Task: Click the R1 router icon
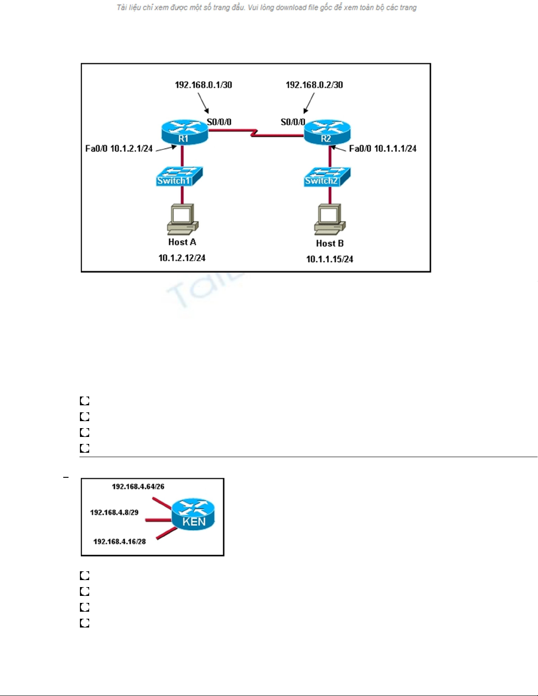tap(184, 132)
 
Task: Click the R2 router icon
tap(327, 132)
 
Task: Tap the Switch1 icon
tap(179, 177)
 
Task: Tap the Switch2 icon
tap(327, 177)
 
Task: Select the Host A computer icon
tap(183, 218)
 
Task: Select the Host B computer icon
tap(330, 219)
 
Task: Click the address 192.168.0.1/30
tap(203, 85)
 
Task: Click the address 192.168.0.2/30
tap(314, 85)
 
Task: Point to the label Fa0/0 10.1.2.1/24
tap(119, 148)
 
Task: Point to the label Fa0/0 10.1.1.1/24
tap(383, 148)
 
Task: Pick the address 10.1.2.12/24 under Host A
tap(182, 258)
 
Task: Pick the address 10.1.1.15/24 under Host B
tap(329, 259)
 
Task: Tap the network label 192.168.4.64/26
tap(138, 487)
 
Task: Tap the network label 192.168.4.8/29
tap(114, 512)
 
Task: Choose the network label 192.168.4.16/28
tap(119, 541)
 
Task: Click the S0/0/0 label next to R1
tap(219, 122)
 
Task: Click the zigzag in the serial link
tap(254, 132)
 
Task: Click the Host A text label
tap(182, 242)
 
